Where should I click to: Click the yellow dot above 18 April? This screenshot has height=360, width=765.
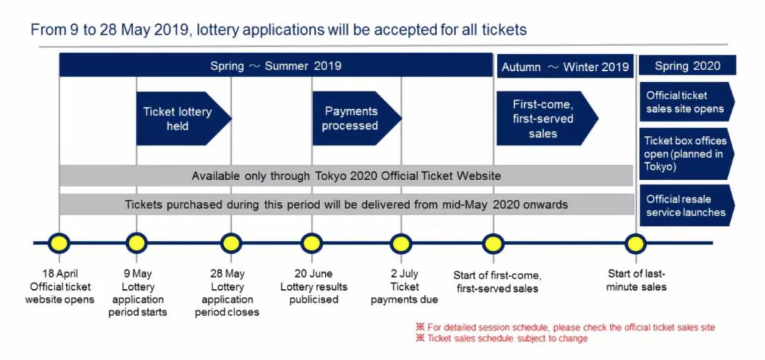[x=59, y=243]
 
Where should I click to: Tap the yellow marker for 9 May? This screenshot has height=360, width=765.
[x=136, y=243]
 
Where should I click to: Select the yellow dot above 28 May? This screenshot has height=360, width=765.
[x=231, y=243]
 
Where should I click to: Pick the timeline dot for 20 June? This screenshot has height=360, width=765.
[x=311, y=243]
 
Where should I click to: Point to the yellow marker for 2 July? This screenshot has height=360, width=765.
[x=401, y=243]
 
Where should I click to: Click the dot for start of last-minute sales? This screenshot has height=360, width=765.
[x=635, y=243]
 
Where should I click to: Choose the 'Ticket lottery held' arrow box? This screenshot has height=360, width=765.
[x=183, y=118]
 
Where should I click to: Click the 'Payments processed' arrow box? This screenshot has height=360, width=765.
[x=356, y=118]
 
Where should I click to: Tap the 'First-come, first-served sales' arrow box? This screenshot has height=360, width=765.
[x=547, y=118]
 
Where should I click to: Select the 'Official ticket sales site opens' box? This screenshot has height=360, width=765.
[x=686, y=101]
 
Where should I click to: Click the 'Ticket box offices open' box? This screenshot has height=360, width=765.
[x=686, y=154]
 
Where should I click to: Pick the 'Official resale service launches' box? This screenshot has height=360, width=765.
[x=686, y=206]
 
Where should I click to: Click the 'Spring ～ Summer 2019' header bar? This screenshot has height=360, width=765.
[x=276, y=65]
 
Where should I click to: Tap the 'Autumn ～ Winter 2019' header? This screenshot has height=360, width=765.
[x=565, y=67]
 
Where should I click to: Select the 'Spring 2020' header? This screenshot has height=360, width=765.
[x=687, y=65]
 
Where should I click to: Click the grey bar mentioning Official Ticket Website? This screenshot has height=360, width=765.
[x=346, y=176]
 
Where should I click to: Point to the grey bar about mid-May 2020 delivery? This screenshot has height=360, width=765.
[x=346, y=204]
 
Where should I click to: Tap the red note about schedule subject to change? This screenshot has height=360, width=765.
[x=501, y=338]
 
